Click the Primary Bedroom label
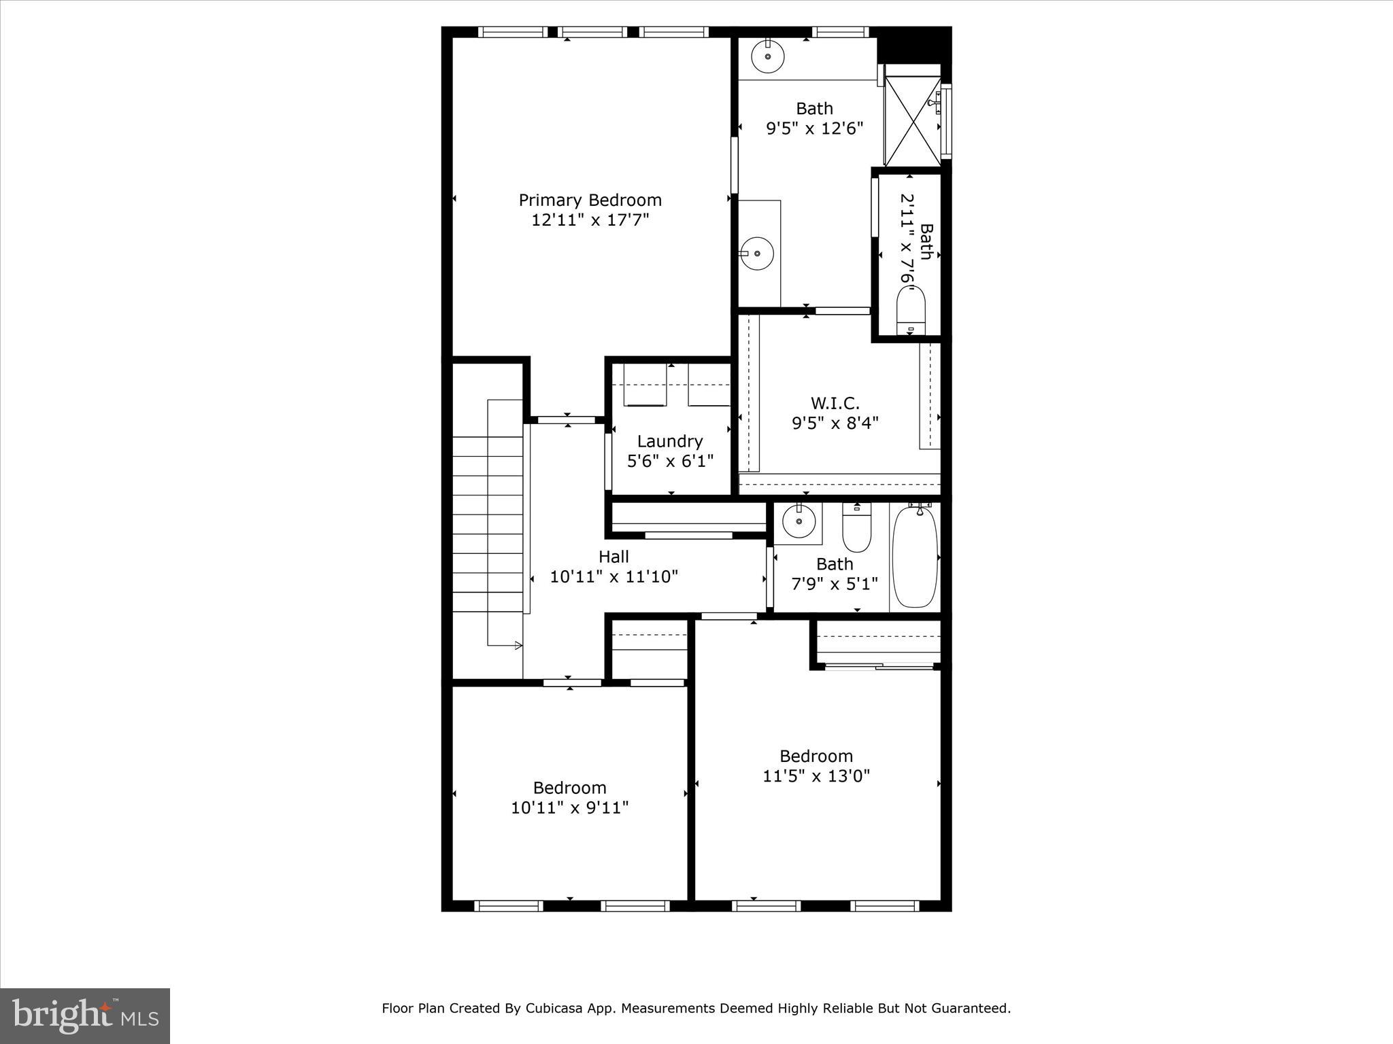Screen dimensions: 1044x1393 point(590,200)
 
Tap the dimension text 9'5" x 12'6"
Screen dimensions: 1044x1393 point(814,128)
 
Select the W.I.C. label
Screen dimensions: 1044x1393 point(835,403)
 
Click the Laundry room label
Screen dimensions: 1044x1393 point(669,441)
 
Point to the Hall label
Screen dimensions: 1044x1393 point(613,557)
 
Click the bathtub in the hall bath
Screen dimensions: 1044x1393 point(915,557)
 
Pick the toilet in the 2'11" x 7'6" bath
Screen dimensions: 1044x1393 point(910,309)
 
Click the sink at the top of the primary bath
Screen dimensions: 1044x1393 point(768,56)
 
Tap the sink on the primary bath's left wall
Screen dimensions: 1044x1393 point(757,254)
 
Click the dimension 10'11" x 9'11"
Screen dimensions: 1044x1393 point(569,807)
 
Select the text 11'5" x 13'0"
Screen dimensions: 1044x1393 point(816,776)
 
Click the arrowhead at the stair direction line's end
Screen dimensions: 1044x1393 point(518,645)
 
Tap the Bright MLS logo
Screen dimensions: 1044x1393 point(85,1015)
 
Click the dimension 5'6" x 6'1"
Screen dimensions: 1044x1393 point(669,461)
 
